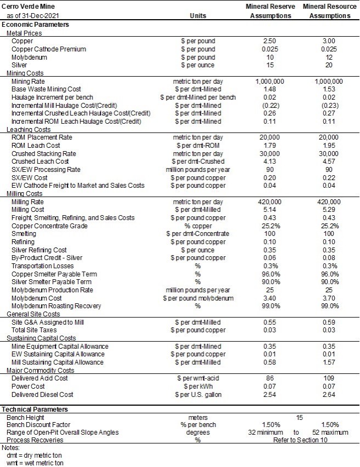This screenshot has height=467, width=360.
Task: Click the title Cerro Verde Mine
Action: [26, 6]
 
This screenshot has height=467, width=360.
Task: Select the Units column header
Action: [198, 16]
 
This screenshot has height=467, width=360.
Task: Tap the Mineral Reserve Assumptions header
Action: [270, 11]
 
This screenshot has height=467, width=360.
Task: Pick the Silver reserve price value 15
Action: [270, 65]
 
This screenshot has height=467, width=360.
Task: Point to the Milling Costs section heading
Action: [24, 193]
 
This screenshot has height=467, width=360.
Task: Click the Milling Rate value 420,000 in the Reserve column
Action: [270, 201]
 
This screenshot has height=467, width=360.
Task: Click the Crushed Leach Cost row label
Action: [40, 162]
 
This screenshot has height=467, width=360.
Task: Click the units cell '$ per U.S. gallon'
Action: [198, 394]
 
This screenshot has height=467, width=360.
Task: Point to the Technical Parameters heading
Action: [35, 409]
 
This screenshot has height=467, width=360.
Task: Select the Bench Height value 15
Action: [299, 417]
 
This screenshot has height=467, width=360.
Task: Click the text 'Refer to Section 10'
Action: [299, 441]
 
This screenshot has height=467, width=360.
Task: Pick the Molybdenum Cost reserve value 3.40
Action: [270, 298]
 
